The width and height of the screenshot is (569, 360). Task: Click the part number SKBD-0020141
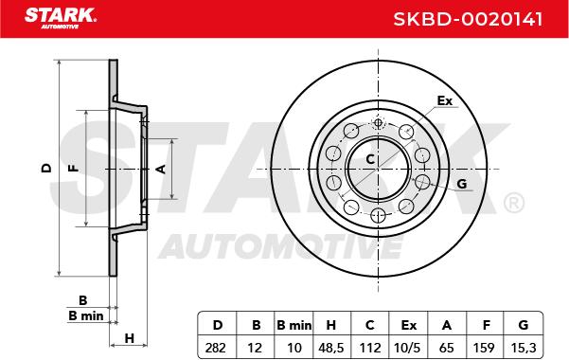coord(468,19)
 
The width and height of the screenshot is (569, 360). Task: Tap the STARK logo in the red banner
coord(61,18)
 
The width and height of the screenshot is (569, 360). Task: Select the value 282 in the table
coord(216,348)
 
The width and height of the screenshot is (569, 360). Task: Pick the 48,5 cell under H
coord(331,348)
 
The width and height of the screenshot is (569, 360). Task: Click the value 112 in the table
coord(370,348)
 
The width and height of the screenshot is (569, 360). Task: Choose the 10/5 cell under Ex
coord(407,348)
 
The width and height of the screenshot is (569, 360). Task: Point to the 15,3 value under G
coord(523,348)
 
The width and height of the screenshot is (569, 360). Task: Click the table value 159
coord(484,348)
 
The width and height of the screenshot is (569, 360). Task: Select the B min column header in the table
coord(293,325)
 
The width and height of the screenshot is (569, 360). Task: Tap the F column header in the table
coord(487,325)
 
